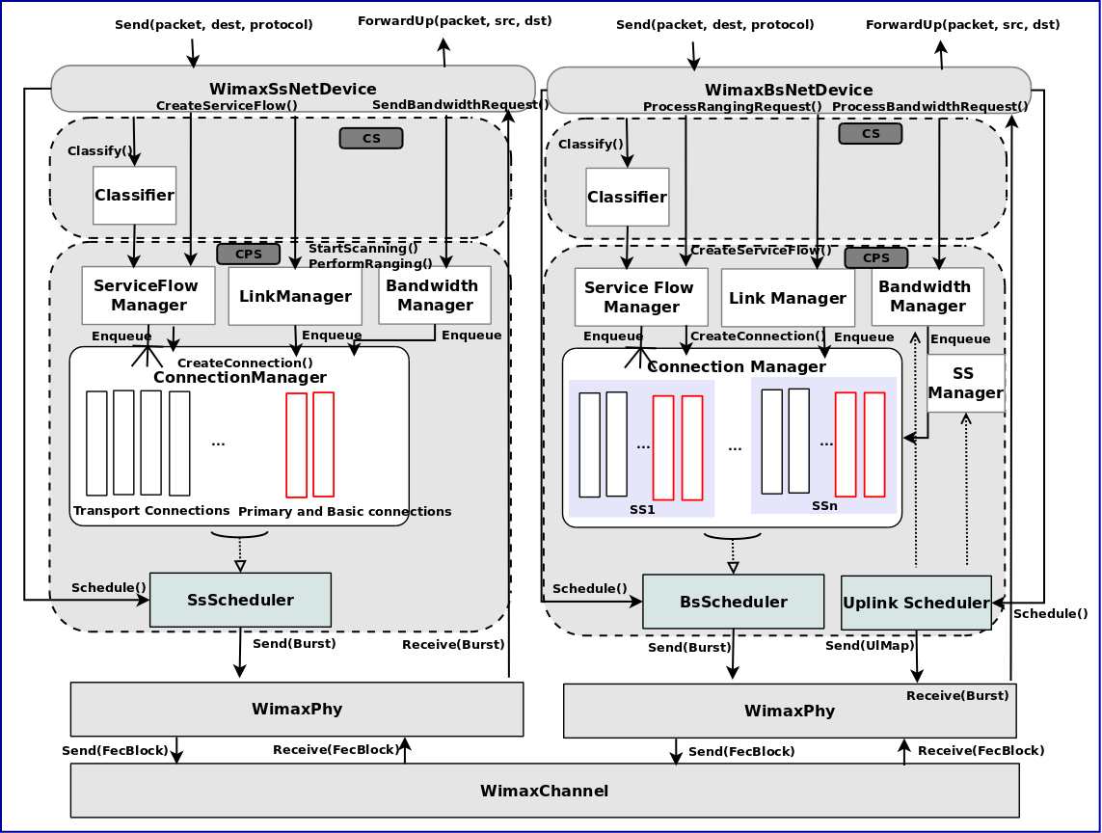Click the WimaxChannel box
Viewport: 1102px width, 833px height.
(545, 791)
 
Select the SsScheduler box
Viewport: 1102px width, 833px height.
(240, 600)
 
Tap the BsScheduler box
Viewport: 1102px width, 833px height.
(733, 602)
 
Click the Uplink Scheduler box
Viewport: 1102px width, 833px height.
(916, 603)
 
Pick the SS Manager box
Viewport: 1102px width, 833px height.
(965, 383)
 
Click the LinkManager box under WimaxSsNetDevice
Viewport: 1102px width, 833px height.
(295, 296)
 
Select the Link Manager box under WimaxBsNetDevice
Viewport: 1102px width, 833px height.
(788, 298)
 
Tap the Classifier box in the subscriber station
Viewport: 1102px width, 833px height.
(134, 195)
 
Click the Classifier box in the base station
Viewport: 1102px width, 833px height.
(627, 197)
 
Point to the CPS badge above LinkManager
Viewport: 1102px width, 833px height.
(248, 254)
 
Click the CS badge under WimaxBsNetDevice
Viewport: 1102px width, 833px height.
(870, 133)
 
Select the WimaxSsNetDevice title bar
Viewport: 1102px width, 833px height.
(292, 88)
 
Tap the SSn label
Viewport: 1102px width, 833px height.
(824, 505)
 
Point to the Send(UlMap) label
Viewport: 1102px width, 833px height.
(870, 645)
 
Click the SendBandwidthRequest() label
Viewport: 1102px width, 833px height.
(453, 104)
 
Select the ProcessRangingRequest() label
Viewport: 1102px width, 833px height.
(732, 106)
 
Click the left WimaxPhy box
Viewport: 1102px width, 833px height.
(296, 709)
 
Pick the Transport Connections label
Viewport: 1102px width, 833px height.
(151, 510)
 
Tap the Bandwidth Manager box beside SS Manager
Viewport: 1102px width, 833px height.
(927, 296)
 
